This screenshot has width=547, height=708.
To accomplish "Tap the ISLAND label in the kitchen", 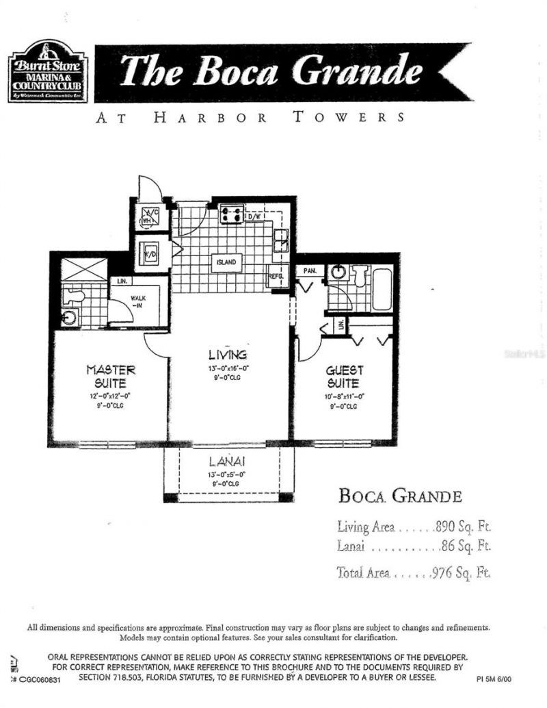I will tap(226, 262).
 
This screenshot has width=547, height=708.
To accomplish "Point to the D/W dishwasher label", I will tap(254, 216).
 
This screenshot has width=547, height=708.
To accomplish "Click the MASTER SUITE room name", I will tap(110, 376).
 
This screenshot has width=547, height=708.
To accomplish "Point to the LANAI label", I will tap(227, 462).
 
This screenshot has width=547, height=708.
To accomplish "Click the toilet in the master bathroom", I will tap(74, 296).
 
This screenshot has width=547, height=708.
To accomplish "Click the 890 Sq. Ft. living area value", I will tap(463, 527).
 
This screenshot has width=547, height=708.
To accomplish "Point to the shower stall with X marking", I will tap(83, 269).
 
